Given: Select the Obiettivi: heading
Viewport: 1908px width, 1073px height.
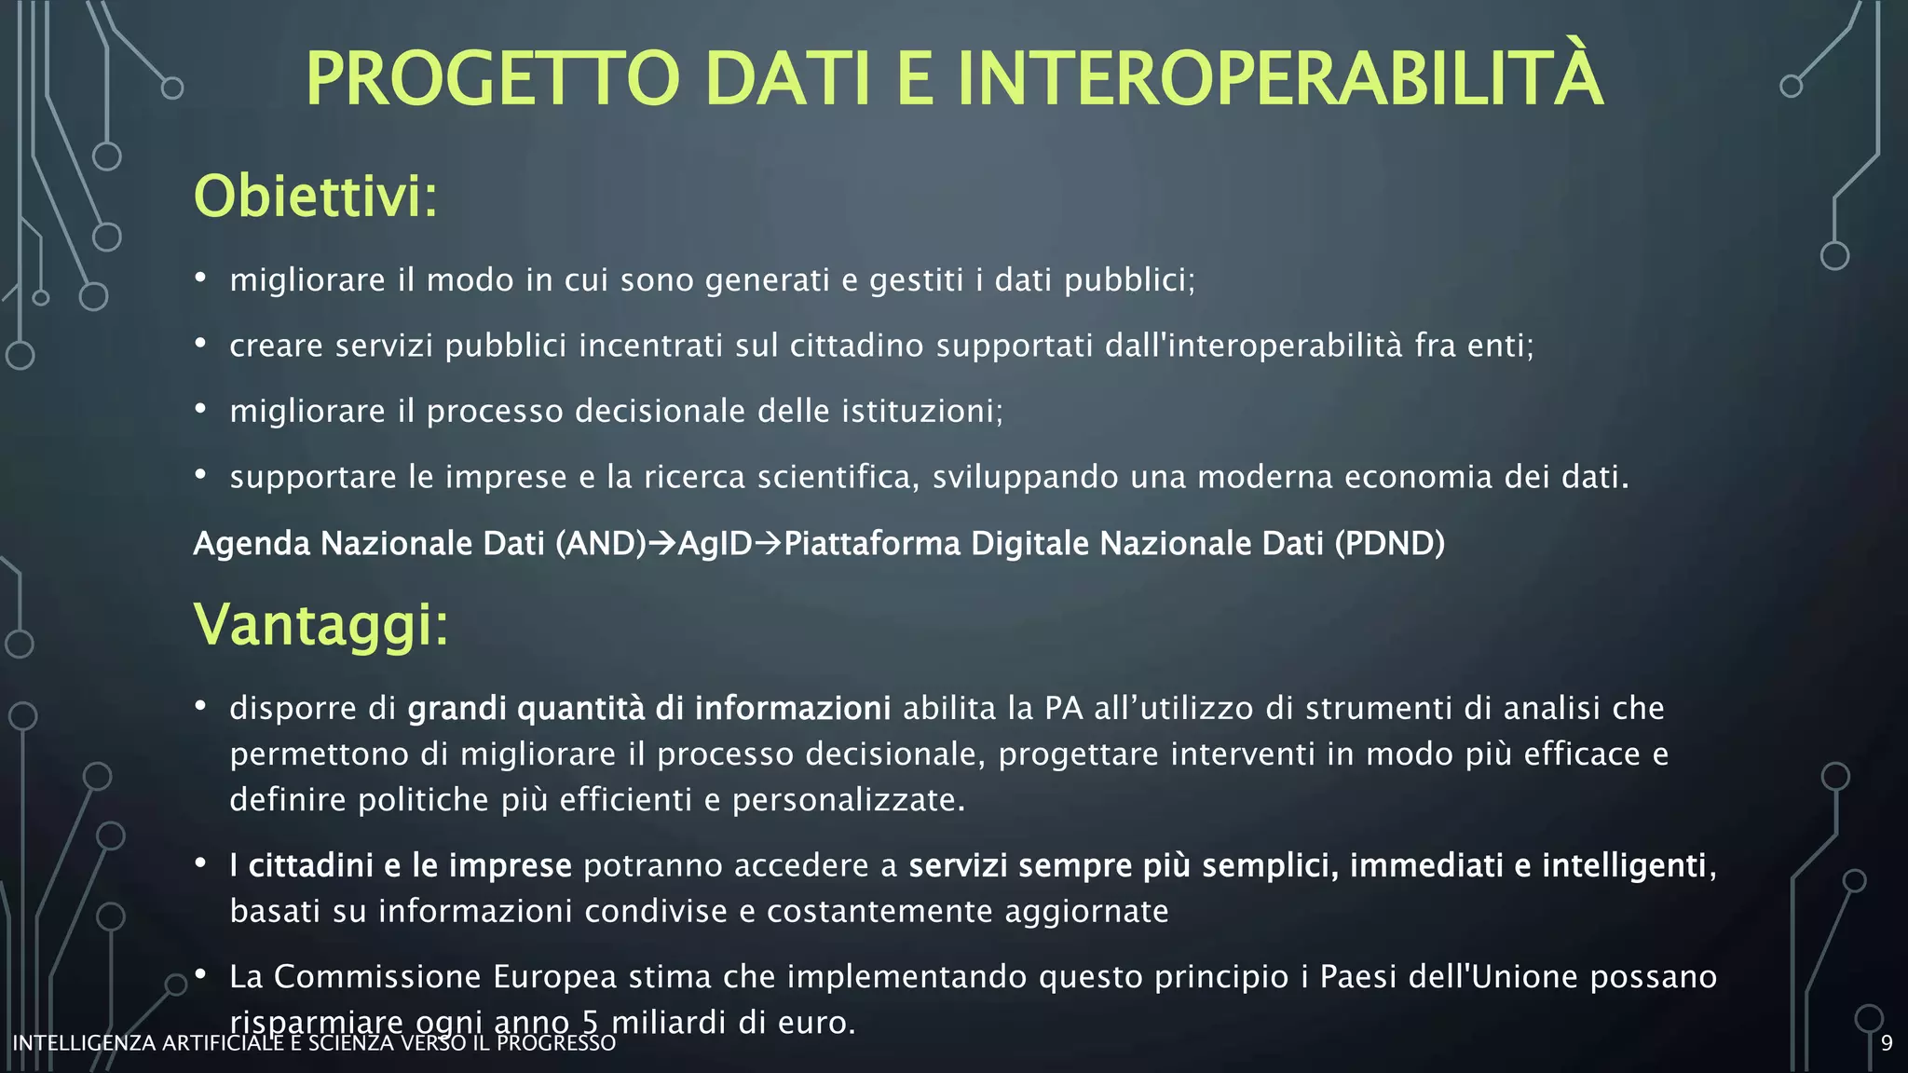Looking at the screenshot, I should [x=315, y=197].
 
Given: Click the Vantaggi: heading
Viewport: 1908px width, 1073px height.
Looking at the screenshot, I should [x=320, y=624].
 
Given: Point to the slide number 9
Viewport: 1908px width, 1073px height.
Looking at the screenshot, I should [x=1887, y=1043].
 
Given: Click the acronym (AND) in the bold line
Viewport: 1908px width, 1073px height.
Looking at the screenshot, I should [x=600, y=543].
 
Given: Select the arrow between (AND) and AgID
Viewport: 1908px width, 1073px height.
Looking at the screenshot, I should [x=661, y=543].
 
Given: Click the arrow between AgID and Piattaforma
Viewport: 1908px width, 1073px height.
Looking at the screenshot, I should [x=768, y=543].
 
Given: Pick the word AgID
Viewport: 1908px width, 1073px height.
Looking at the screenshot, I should [x=715, y=543].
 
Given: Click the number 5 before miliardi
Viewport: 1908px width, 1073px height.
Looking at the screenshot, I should [x=590, y=1022].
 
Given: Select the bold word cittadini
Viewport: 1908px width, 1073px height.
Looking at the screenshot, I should [x=311, y=865].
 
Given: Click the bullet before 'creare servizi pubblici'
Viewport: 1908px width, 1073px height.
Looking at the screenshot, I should [x=200, y=344].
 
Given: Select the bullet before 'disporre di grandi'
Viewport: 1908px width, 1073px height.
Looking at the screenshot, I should [x=200, y=706].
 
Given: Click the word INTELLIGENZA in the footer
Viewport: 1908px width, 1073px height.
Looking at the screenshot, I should [x=84, y=1043].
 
